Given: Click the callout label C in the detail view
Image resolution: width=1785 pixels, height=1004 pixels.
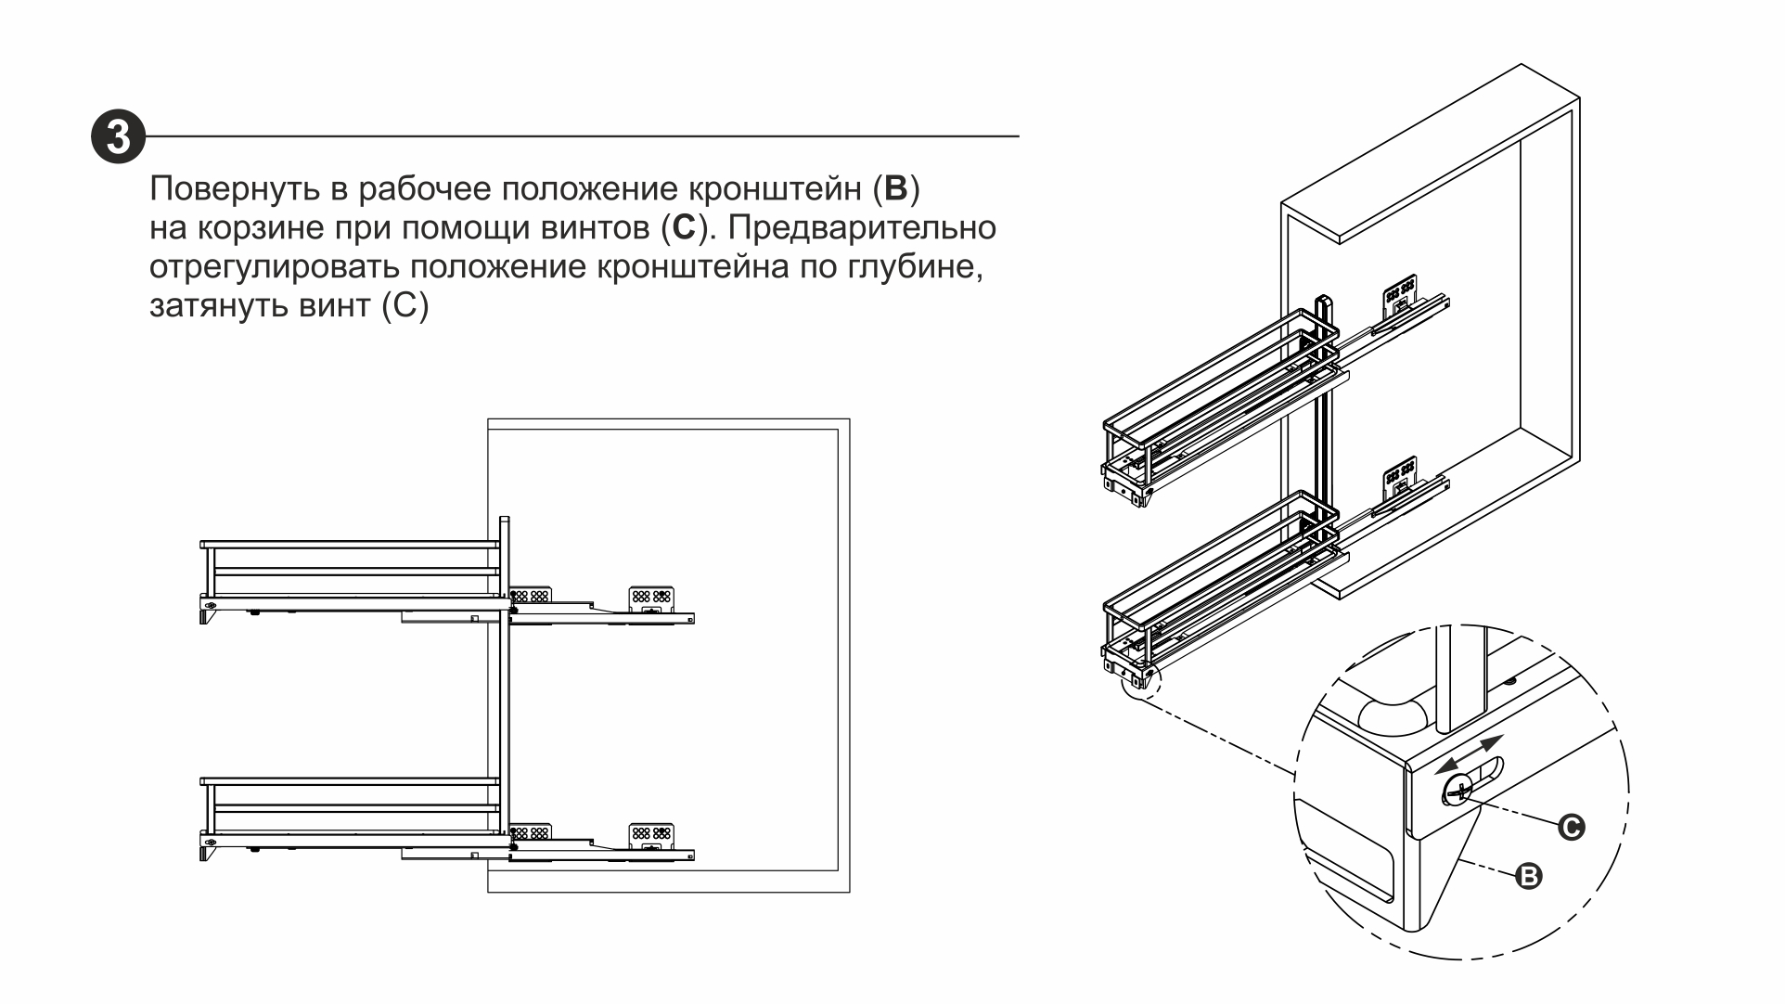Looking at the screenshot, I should pos(1571,827).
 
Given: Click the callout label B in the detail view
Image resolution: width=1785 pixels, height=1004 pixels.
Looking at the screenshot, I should pos(1528,875).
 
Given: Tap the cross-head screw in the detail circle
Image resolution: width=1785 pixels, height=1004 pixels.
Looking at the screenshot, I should pos(1458,792).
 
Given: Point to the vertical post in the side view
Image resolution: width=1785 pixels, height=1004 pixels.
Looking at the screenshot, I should pos(505,687).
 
